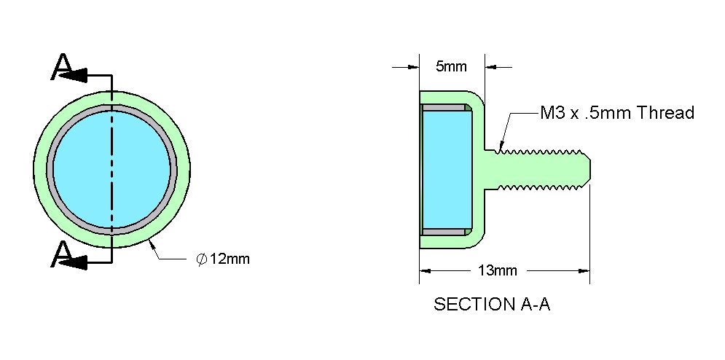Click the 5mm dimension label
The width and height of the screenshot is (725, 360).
click(451, 66)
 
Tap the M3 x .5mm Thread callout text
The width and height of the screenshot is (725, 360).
click(617, 113)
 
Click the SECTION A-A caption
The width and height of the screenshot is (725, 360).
click(492, 305)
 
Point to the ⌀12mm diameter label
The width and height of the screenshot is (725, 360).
click(223, 259)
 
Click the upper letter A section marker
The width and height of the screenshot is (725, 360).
click(61, 67)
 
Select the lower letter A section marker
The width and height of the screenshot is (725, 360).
click(61, 255)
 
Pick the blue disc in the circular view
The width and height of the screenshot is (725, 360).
click(112, 169)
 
